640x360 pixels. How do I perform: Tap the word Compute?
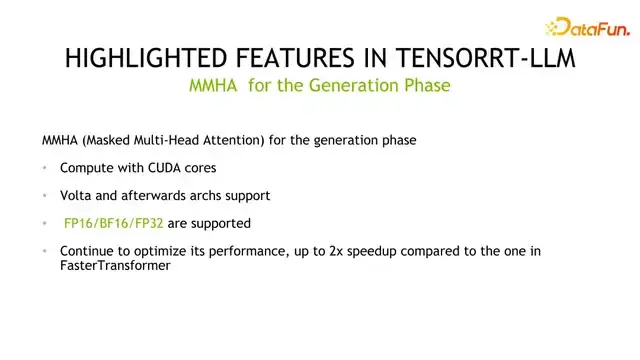click(x=86, y=168)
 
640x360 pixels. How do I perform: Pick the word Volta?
click(x=77, y=195)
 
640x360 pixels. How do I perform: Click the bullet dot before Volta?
click(x=46, y=196)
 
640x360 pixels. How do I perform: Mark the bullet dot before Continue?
click(x=46, y=251)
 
